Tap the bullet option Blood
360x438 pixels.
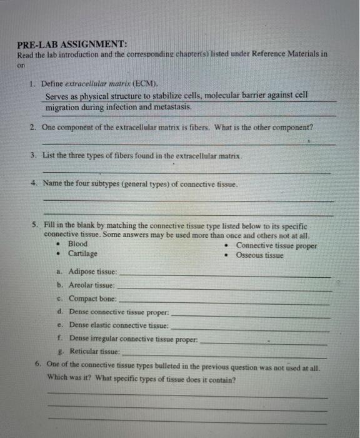(x=77, y=243)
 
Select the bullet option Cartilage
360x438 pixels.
(x=82, y=253)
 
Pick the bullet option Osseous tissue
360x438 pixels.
(x=259, y=255)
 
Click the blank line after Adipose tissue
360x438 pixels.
(x=225, y=275)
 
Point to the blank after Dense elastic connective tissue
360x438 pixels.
(x=250, y=328)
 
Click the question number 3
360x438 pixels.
(x=33, y=155)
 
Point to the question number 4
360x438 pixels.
(x=33, y=183)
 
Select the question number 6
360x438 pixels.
(x=39, y=365)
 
